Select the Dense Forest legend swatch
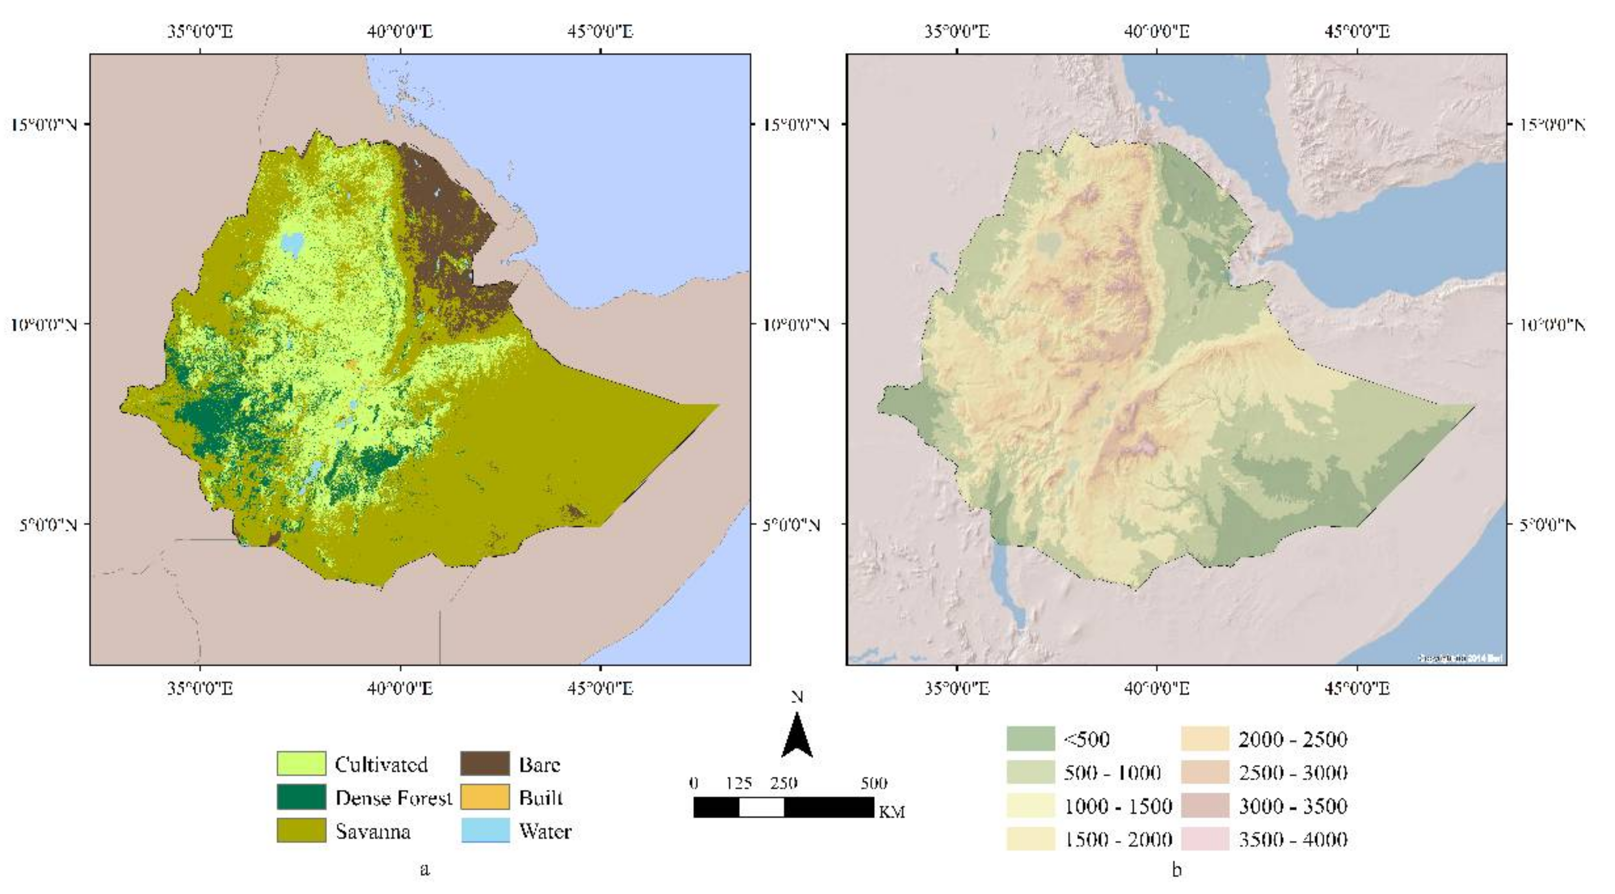301,797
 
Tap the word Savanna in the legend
373,831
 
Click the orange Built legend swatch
485,797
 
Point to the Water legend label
545,831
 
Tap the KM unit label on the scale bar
891,812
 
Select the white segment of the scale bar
761,807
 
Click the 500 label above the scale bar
873,783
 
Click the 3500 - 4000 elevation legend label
1293,839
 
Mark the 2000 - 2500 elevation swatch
1205,739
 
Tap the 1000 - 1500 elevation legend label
1118,806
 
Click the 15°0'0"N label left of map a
44,124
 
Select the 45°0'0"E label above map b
1357,31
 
